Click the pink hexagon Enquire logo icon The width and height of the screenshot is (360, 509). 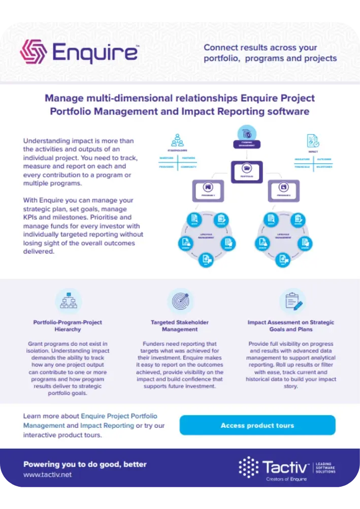tap(33, 52)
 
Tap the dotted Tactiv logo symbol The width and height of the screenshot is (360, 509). tap(249, 467)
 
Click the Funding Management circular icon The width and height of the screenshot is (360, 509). tap(247, 134)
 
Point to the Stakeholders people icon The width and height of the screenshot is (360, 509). tap(177, 140)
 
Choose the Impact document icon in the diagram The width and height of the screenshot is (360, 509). tap(313, 140)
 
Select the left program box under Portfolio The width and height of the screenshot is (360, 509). tap(207, 191)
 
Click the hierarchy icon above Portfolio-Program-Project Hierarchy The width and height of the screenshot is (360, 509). tap(68, 301)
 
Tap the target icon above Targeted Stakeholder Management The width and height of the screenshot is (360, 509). tap(180, 301)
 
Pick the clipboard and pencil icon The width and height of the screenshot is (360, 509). tap(292, 301)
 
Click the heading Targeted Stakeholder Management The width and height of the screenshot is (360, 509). tap(180, 325)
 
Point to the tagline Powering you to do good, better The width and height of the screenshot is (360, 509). tap(85, 464)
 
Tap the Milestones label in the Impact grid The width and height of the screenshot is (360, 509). tap(324, 166)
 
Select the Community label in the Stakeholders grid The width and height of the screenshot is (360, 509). tap(188, 166)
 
